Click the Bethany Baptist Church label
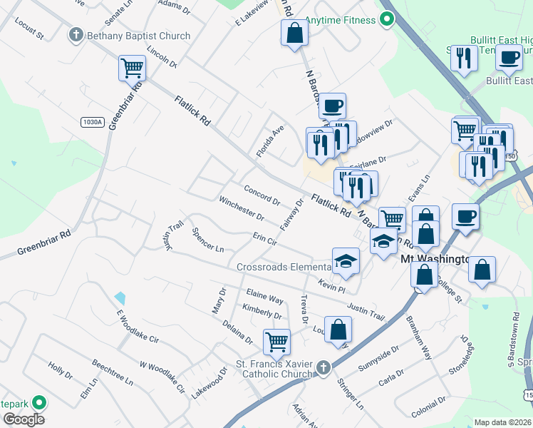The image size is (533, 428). pos(138,36)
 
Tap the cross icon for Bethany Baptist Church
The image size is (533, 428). pos(76,34)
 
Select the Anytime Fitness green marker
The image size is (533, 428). pos(387,19)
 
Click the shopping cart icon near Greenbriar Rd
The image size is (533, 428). pos(132,68)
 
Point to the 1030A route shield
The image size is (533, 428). pos(93,122)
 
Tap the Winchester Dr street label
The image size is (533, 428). pos(242,208)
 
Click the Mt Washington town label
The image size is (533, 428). pos(434,260)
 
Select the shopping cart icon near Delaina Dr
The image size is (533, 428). pos(276,340)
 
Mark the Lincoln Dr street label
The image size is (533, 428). pos(161,57)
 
